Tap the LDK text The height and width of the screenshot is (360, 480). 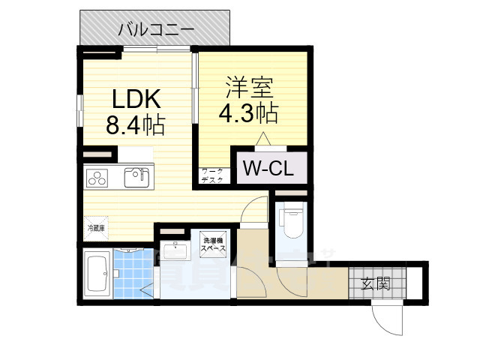136,98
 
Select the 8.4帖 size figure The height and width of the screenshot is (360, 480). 136,124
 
